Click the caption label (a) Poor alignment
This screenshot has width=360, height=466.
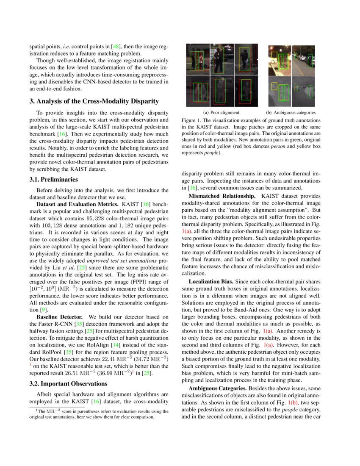pos(222,112)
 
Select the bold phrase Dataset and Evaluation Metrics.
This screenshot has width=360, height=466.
pos(78,204)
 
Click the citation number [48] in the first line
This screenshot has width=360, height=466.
pos(115,46)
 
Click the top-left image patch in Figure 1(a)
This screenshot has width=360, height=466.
pos(198,59)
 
